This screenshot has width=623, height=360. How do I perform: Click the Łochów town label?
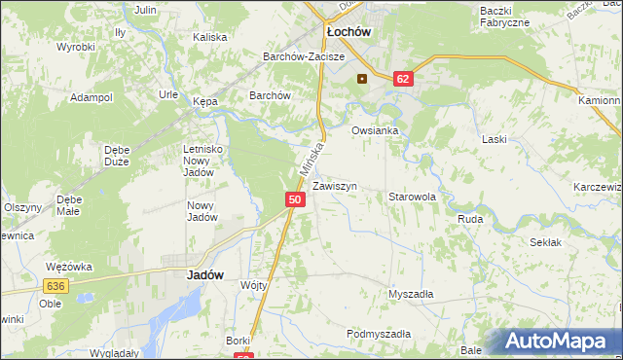point(346,32)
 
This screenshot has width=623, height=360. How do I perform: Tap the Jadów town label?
point(204,275)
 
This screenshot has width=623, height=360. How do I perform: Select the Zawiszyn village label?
point(335,185)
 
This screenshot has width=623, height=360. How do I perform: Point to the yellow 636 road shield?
point(55,285)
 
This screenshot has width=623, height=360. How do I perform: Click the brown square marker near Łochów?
point(362,79)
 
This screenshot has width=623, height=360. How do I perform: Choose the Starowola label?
point(412,197)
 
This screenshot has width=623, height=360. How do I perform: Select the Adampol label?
point(92,98)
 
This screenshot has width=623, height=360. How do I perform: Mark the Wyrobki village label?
point(75,47)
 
